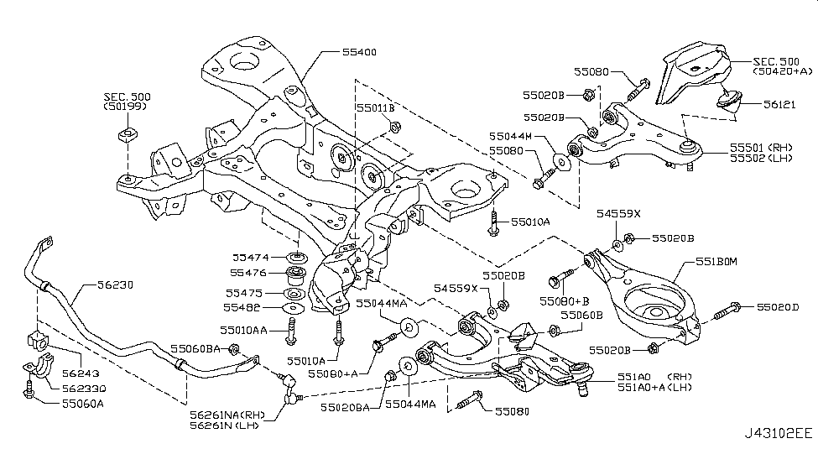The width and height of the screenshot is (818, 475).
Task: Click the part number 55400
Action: click(x=358, y=53)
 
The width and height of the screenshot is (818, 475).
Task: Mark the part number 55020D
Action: click(x=778, y=308)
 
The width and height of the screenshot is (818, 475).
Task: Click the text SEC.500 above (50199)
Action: click(x=126, y=96)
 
